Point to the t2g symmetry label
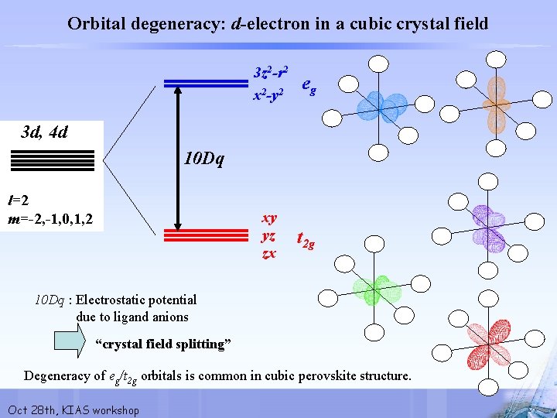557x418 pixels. (306, 242)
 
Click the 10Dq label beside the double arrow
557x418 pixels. (204, 159)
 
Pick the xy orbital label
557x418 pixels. (269, 218)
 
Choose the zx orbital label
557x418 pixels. (268, 253)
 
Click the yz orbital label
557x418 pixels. (269, 235)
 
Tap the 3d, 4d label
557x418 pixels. (45, 132)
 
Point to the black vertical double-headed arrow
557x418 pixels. (179, 156)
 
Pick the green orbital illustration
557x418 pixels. (371, 290)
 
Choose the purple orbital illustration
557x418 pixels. (489, 227)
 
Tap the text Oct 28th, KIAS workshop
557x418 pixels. (73, 409)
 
